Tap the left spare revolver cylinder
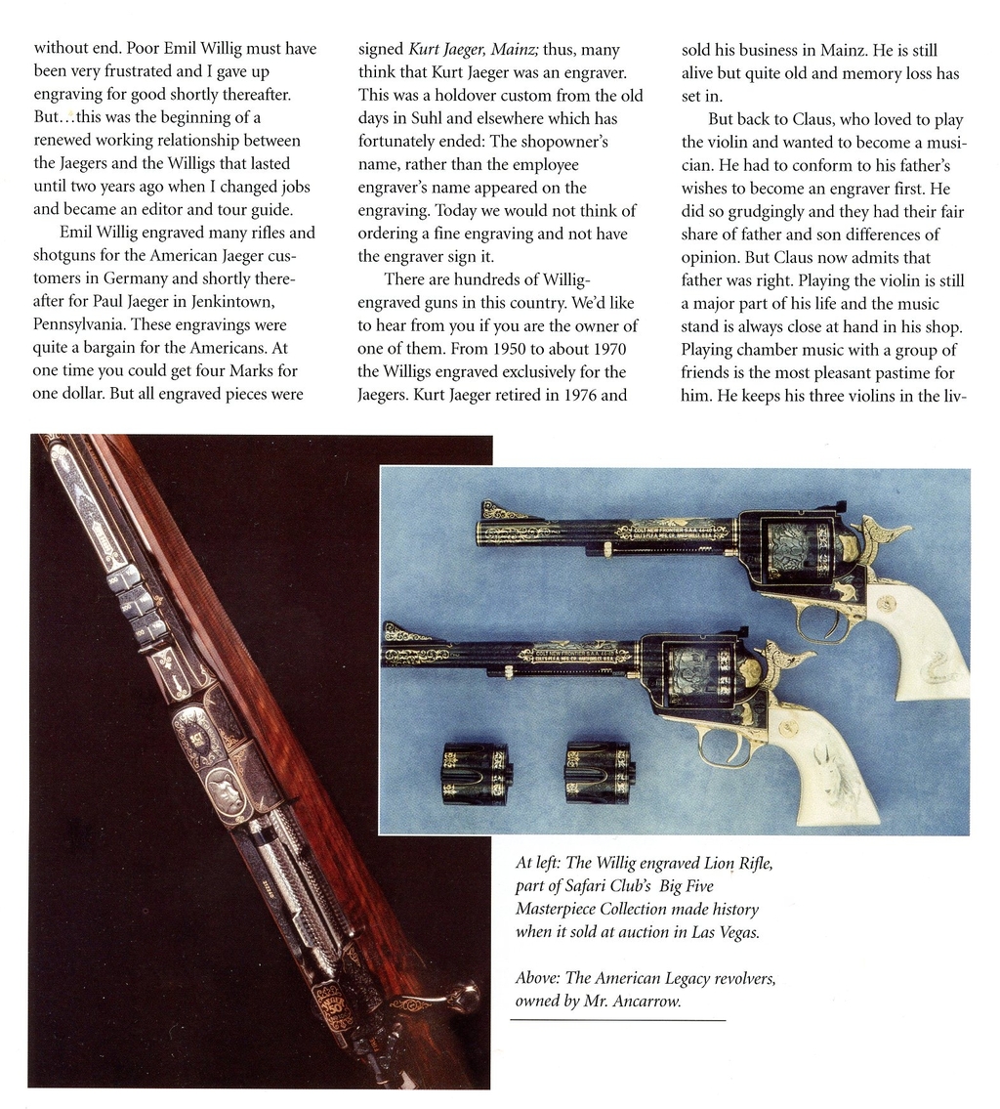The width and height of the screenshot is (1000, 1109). click(x=476, y=772)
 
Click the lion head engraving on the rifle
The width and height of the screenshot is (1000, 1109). click(x=227, y=789)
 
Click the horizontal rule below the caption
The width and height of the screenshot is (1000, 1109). click(x=617, y=1021)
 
